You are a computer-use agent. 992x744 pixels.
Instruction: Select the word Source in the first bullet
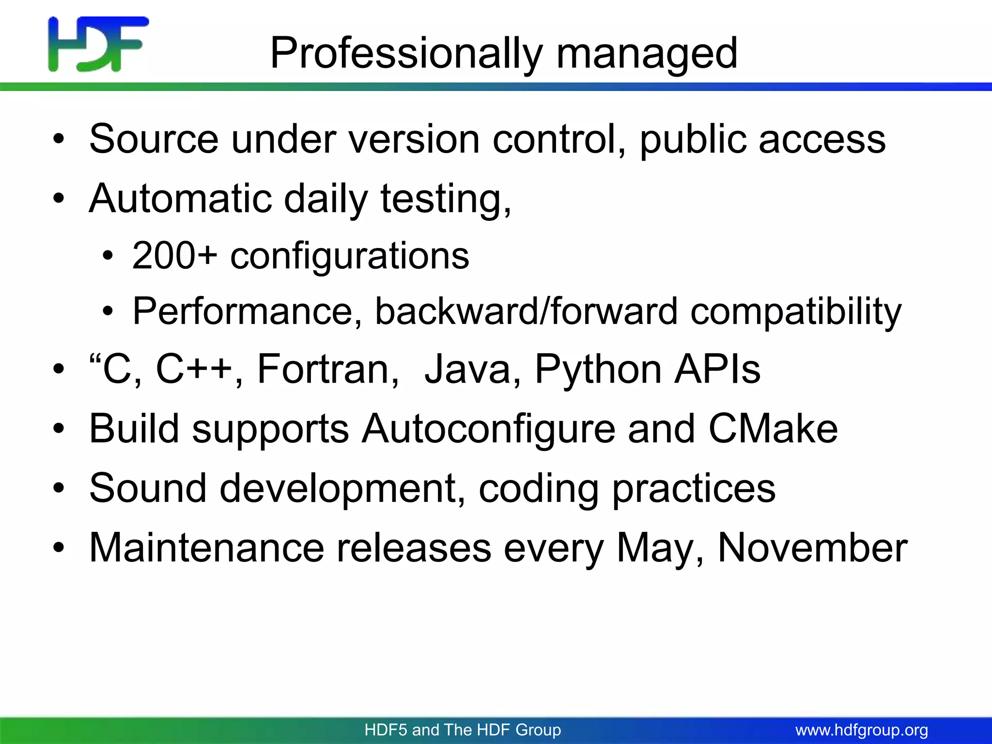pos(154,139)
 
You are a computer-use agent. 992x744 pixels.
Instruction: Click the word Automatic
pos(181,199)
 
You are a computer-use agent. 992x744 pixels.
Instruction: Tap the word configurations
pos(349,255)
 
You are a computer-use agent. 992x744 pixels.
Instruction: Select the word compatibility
pos(796,311)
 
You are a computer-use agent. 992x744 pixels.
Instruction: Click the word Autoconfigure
pos(488,429)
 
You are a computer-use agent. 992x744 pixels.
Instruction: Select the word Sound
pos(148,488)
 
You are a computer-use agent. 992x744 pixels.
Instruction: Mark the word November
pos(812,548)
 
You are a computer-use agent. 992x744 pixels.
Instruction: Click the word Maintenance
pos(206,548)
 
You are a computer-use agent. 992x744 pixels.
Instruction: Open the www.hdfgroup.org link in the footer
pos(862,729)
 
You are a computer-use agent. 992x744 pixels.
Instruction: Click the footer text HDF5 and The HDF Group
pos(463,729)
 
